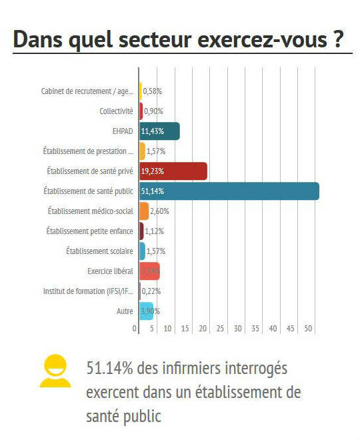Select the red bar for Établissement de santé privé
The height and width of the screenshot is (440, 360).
coord(173,171)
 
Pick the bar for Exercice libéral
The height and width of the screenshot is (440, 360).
coord(149,271)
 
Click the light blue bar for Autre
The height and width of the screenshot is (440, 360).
coord(146,311)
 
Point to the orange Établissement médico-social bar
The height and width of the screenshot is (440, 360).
coord(143,211)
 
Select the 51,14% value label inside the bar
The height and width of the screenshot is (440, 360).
coord(153,191)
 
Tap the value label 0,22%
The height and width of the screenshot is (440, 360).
coord(151,291)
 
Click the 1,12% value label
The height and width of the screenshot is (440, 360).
coord(155,231)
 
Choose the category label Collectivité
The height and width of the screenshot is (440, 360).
coord(116,111)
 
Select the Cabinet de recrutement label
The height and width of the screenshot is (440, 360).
coord(87,91)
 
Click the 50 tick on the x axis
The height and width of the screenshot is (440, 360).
coord(308,329)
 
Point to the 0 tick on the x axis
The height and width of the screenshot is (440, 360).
coord(135,329)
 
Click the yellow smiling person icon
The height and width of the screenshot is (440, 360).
coord(55,371)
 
